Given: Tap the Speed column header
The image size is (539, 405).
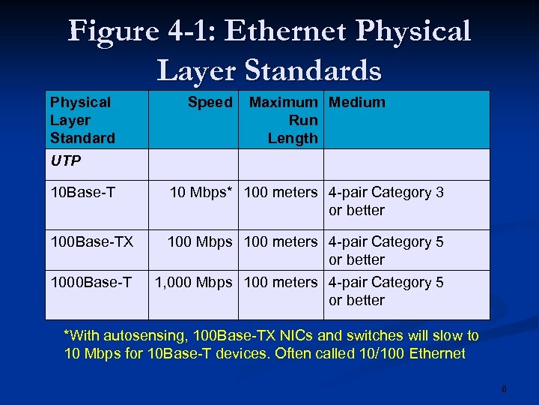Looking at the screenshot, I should coord(210,103).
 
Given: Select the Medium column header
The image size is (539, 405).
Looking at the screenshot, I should coord(357,103).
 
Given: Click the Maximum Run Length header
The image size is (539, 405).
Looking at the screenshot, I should coord(284,120).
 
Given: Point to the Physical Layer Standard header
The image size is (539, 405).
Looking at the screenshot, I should coord(82,120).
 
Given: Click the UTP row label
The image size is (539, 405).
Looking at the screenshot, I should coord(66,160).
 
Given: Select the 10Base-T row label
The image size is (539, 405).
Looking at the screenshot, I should coord(82,193).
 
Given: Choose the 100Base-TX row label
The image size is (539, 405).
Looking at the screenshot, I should coord(91,242).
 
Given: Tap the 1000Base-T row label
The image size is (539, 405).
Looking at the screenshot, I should coord(91,283).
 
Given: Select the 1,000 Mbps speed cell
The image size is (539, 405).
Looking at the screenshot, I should coord(194,283).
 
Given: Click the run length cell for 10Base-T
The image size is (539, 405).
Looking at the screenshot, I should coord(281,193).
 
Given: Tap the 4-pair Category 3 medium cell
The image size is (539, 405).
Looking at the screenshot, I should coord(386,201).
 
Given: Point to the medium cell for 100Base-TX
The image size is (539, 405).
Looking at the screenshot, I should coord(386,250).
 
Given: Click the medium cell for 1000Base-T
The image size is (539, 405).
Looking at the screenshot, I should coord(386,291).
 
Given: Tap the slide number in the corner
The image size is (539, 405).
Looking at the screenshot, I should coord(504,389).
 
